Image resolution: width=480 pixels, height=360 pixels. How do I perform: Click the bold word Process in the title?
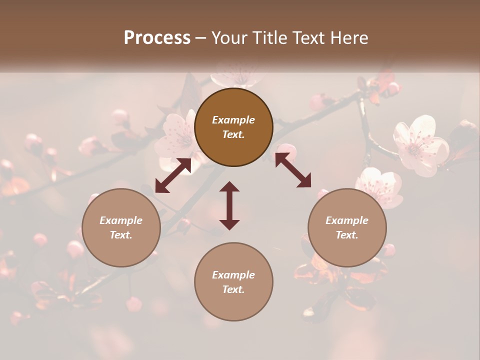pyautogui.click(x=157, y=37)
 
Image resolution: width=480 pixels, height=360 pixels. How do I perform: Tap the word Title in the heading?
pyautogui.click(x=270, y=37)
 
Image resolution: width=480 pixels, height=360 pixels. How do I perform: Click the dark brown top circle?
pyautogui.click(x=233, y=127)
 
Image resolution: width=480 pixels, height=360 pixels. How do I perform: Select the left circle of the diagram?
pyautogui.click(x=121, y=227)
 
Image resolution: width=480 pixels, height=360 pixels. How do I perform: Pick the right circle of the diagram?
pyautogui.click(x=347, y=227)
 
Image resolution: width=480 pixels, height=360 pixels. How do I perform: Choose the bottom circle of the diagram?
pyautogui.click(x=233, y=282)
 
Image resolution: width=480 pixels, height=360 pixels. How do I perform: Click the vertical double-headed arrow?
pyautogui.click(x=229, y=205)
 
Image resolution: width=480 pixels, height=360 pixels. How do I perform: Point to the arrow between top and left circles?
pyautogui.click(x=173, y=175)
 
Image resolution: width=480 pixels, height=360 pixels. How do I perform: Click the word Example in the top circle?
pyautogui.click(x=233, y=120)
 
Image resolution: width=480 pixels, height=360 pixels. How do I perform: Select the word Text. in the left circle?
pyautogui.click(x=121, y=235)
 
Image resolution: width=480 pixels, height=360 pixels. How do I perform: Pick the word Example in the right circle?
pyautogui.click(x=347, y=220)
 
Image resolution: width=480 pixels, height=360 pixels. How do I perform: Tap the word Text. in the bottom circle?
pyautogui.click(x=233, y=289)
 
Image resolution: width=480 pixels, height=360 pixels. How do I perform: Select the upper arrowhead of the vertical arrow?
pyautogui.click(x=229, y=187)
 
